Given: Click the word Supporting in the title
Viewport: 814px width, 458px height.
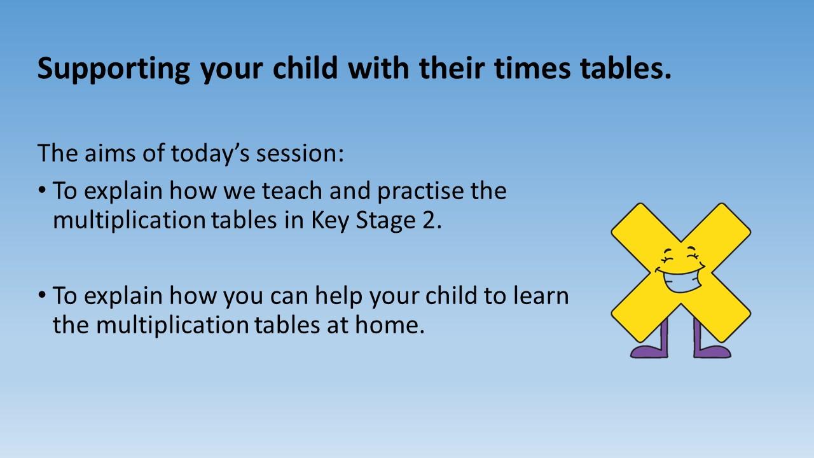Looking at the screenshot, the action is tap(114, 69).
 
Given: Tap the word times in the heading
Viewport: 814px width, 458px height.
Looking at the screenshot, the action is tap(532, 68).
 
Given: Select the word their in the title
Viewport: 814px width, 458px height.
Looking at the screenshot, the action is tap(452, 67).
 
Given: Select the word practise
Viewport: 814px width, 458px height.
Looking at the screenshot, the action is tap(421, 191).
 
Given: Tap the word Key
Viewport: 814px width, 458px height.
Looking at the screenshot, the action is tap(330, 221).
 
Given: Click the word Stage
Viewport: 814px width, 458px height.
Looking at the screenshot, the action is tap(385, 221).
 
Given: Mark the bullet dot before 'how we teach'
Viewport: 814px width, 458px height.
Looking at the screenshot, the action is tap(42, 190).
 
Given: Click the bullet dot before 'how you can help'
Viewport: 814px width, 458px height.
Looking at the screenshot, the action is tap(42, 295).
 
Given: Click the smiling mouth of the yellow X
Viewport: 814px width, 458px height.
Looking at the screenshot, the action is tap(680, 280).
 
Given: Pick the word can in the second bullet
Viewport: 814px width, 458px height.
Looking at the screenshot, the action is tap(289, 296).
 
